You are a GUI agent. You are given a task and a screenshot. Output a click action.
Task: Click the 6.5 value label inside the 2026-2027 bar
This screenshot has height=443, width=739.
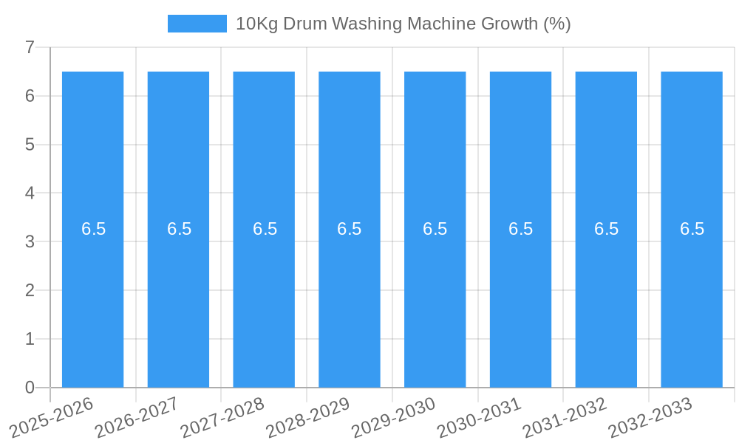tap(179, 229)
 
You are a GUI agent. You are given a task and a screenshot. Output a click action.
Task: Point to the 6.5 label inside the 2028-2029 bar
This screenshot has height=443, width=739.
tap(350, 229)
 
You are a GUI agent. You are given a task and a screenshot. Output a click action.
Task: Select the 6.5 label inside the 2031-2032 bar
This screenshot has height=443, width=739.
tap(606, 229)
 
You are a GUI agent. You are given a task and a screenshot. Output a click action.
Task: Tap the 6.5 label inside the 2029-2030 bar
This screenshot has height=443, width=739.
tap(435, 229)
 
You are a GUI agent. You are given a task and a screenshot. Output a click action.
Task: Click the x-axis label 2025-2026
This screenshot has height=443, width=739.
tap(52, 417)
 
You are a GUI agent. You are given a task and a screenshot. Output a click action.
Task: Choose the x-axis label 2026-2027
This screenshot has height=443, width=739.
tap(137, 417)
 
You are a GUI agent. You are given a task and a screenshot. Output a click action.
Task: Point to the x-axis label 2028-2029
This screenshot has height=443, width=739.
tap(308, 417)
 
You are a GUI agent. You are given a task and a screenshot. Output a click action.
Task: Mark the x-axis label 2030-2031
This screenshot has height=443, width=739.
tap(480, 417)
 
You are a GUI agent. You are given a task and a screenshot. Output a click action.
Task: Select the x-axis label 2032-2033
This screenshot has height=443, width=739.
tap(650, 417)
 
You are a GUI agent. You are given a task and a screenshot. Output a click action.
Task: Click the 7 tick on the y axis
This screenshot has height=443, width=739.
tap(30, 48)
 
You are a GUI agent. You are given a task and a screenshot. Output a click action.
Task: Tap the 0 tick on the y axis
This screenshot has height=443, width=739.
tap(30, 388)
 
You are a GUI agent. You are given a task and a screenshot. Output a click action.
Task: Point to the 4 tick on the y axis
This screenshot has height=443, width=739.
tap(30, 193)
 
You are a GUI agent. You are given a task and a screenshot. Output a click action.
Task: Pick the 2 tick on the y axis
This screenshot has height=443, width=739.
tap(30, 290)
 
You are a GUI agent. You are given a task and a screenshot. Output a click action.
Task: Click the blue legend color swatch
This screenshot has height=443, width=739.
tap(197, 24)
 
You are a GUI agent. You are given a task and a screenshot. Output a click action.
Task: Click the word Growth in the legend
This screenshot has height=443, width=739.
tap(510, 24)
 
